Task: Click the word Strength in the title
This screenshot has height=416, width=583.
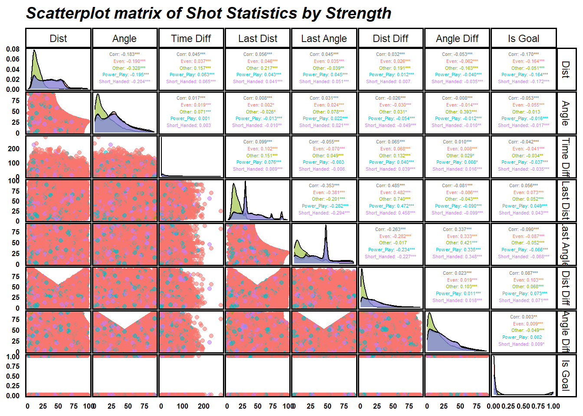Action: pyautogui.click(x=358, y=13)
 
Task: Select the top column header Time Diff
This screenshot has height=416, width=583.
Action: pyautogui.click(x=191, y=39)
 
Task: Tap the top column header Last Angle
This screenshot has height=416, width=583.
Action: pyautogui.click(x=324, y=39)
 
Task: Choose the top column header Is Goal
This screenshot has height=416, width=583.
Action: pyautogui.click(x=524, y=39)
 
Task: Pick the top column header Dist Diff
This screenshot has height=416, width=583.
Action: pyautogui.click(x=390, y=39)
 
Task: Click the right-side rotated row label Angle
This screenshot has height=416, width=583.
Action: pyautogui.click(x=566, y=113)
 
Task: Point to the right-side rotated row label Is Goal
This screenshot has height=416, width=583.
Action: pyautogui.click(x=566, y=375)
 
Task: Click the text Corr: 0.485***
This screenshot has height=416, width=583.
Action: pyautogui.click(x=390, y=185)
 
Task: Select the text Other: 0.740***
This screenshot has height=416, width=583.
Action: pyautogui.click(x=390, y=199)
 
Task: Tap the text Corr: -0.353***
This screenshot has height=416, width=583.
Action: pyautogui.click(x=324, y=185)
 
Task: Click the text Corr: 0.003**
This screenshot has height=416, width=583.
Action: pyautogui.click(x=524, y=317)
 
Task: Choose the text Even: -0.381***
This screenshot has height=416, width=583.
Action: pyautogui.click(x=324, y=192)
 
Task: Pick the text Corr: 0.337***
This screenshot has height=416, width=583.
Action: pyautogui.click(x=457, y=229)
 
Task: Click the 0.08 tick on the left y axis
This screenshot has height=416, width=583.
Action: pyautogui.click(x=13, y=49)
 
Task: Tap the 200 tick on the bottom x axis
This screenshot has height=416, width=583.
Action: pyautogui.click(x=203, y=406)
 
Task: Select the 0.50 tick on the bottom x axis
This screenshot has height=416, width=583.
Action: pyautogui.click(x=524, y=406)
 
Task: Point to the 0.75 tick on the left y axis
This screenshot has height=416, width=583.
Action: pyautogui.click(x=13, y=367)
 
